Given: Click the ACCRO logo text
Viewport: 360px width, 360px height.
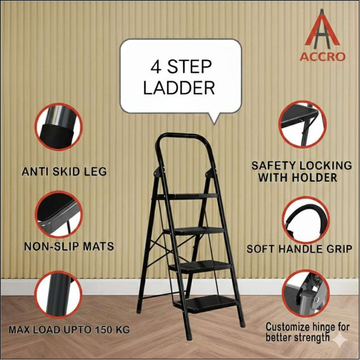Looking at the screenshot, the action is (322, 57).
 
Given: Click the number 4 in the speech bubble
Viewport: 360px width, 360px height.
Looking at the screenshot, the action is (156, 67).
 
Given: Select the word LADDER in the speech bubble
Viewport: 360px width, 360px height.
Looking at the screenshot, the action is (179, 88).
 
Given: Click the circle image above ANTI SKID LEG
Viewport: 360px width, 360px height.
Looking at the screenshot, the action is (58, 127).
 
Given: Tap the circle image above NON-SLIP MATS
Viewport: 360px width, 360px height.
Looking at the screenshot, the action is (58, 214).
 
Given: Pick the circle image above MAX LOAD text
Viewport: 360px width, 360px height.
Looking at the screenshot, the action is (58, 294).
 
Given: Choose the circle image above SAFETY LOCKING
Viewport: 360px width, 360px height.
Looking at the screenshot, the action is (302, 124).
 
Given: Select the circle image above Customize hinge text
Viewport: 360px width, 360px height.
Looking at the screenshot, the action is (306, 293).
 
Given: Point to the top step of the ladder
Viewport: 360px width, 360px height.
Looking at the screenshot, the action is (187, 196).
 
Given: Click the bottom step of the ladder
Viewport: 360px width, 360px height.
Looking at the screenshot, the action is (205, 303).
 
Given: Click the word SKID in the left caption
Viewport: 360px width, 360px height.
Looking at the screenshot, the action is (63, 172).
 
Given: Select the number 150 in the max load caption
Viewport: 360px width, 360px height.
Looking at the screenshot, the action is (102, 330).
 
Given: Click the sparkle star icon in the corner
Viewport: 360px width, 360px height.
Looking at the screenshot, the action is (340, 341).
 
